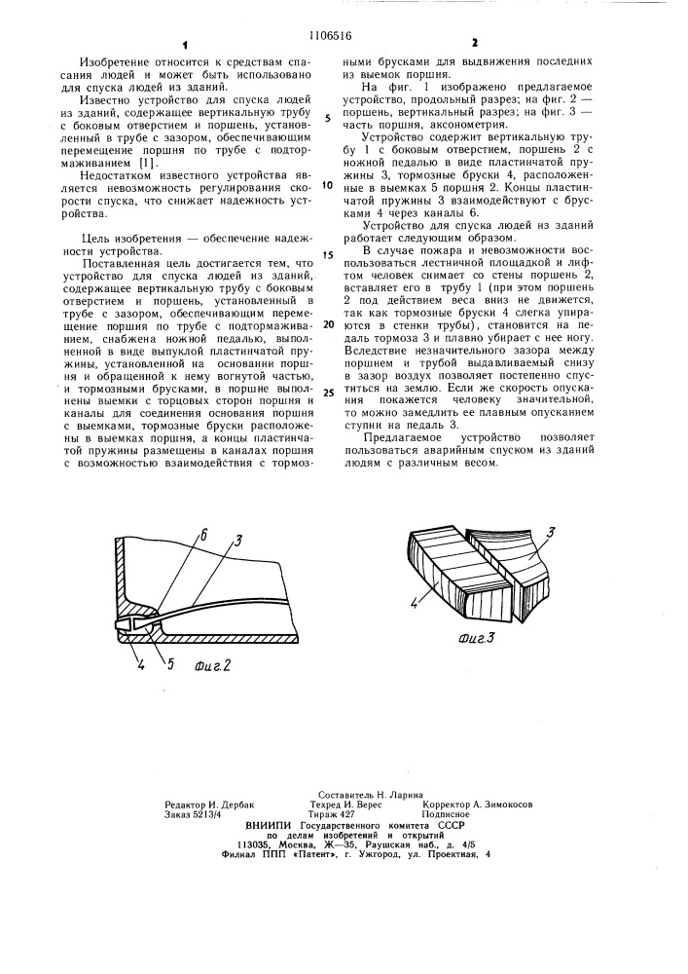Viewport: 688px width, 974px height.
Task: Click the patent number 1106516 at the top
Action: pos(344,17)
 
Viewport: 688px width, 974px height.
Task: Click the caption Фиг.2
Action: pos(212,667)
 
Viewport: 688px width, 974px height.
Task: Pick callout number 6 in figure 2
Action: pos(204,535)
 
